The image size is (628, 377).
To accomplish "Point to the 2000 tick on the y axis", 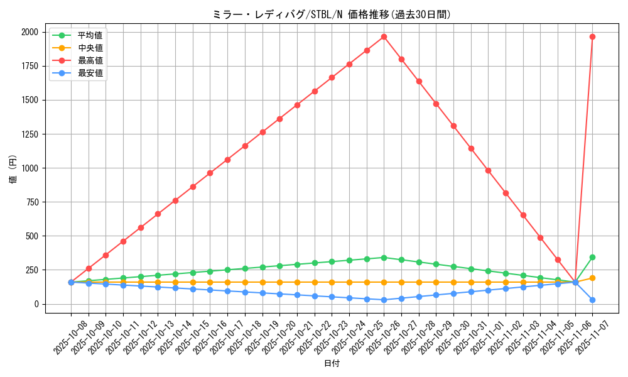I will click(x=29, y=32).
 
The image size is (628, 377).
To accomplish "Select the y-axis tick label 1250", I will click(x=29, y=134).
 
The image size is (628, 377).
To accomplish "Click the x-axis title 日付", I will click(x=332, y=364).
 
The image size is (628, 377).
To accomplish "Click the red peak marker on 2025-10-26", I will click(x=384, y=36).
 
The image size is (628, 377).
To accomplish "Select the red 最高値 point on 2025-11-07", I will click(x=592, y=36).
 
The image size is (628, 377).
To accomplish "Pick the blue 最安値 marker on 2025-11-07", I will click(x=592, y=300).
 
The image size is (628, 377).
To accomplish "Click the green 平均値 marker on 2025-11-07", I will click(x=592, y=257).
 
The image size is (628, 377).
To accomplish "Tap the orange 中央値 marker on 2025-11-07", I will click(x=592, y=278).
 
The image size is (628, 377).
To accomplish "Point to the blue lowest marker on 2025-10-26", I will click(x=384, y=300).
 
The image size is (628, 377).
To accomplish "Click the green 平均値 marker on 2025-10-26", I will click(x=384, y=258).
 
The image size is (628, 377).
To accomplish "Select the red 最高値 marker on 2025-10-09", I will click(x=89, y=268).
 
